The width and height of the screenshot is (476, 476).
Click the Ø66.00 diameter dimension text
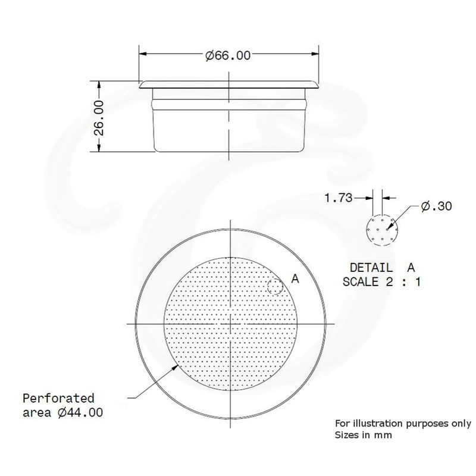coord(227,56)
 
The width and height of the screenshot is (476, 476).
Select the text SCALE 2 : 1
coord(381,281)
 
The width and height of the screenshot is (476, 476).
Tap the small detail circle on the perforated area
coord(275,287)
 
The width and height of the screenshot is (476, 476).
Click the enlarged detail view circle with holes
coord(379,228)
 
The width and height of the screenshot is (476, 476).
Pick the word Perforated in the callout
coord(58,397)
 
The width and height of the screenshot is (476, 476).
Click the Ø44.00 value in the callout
coord(86,411)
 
